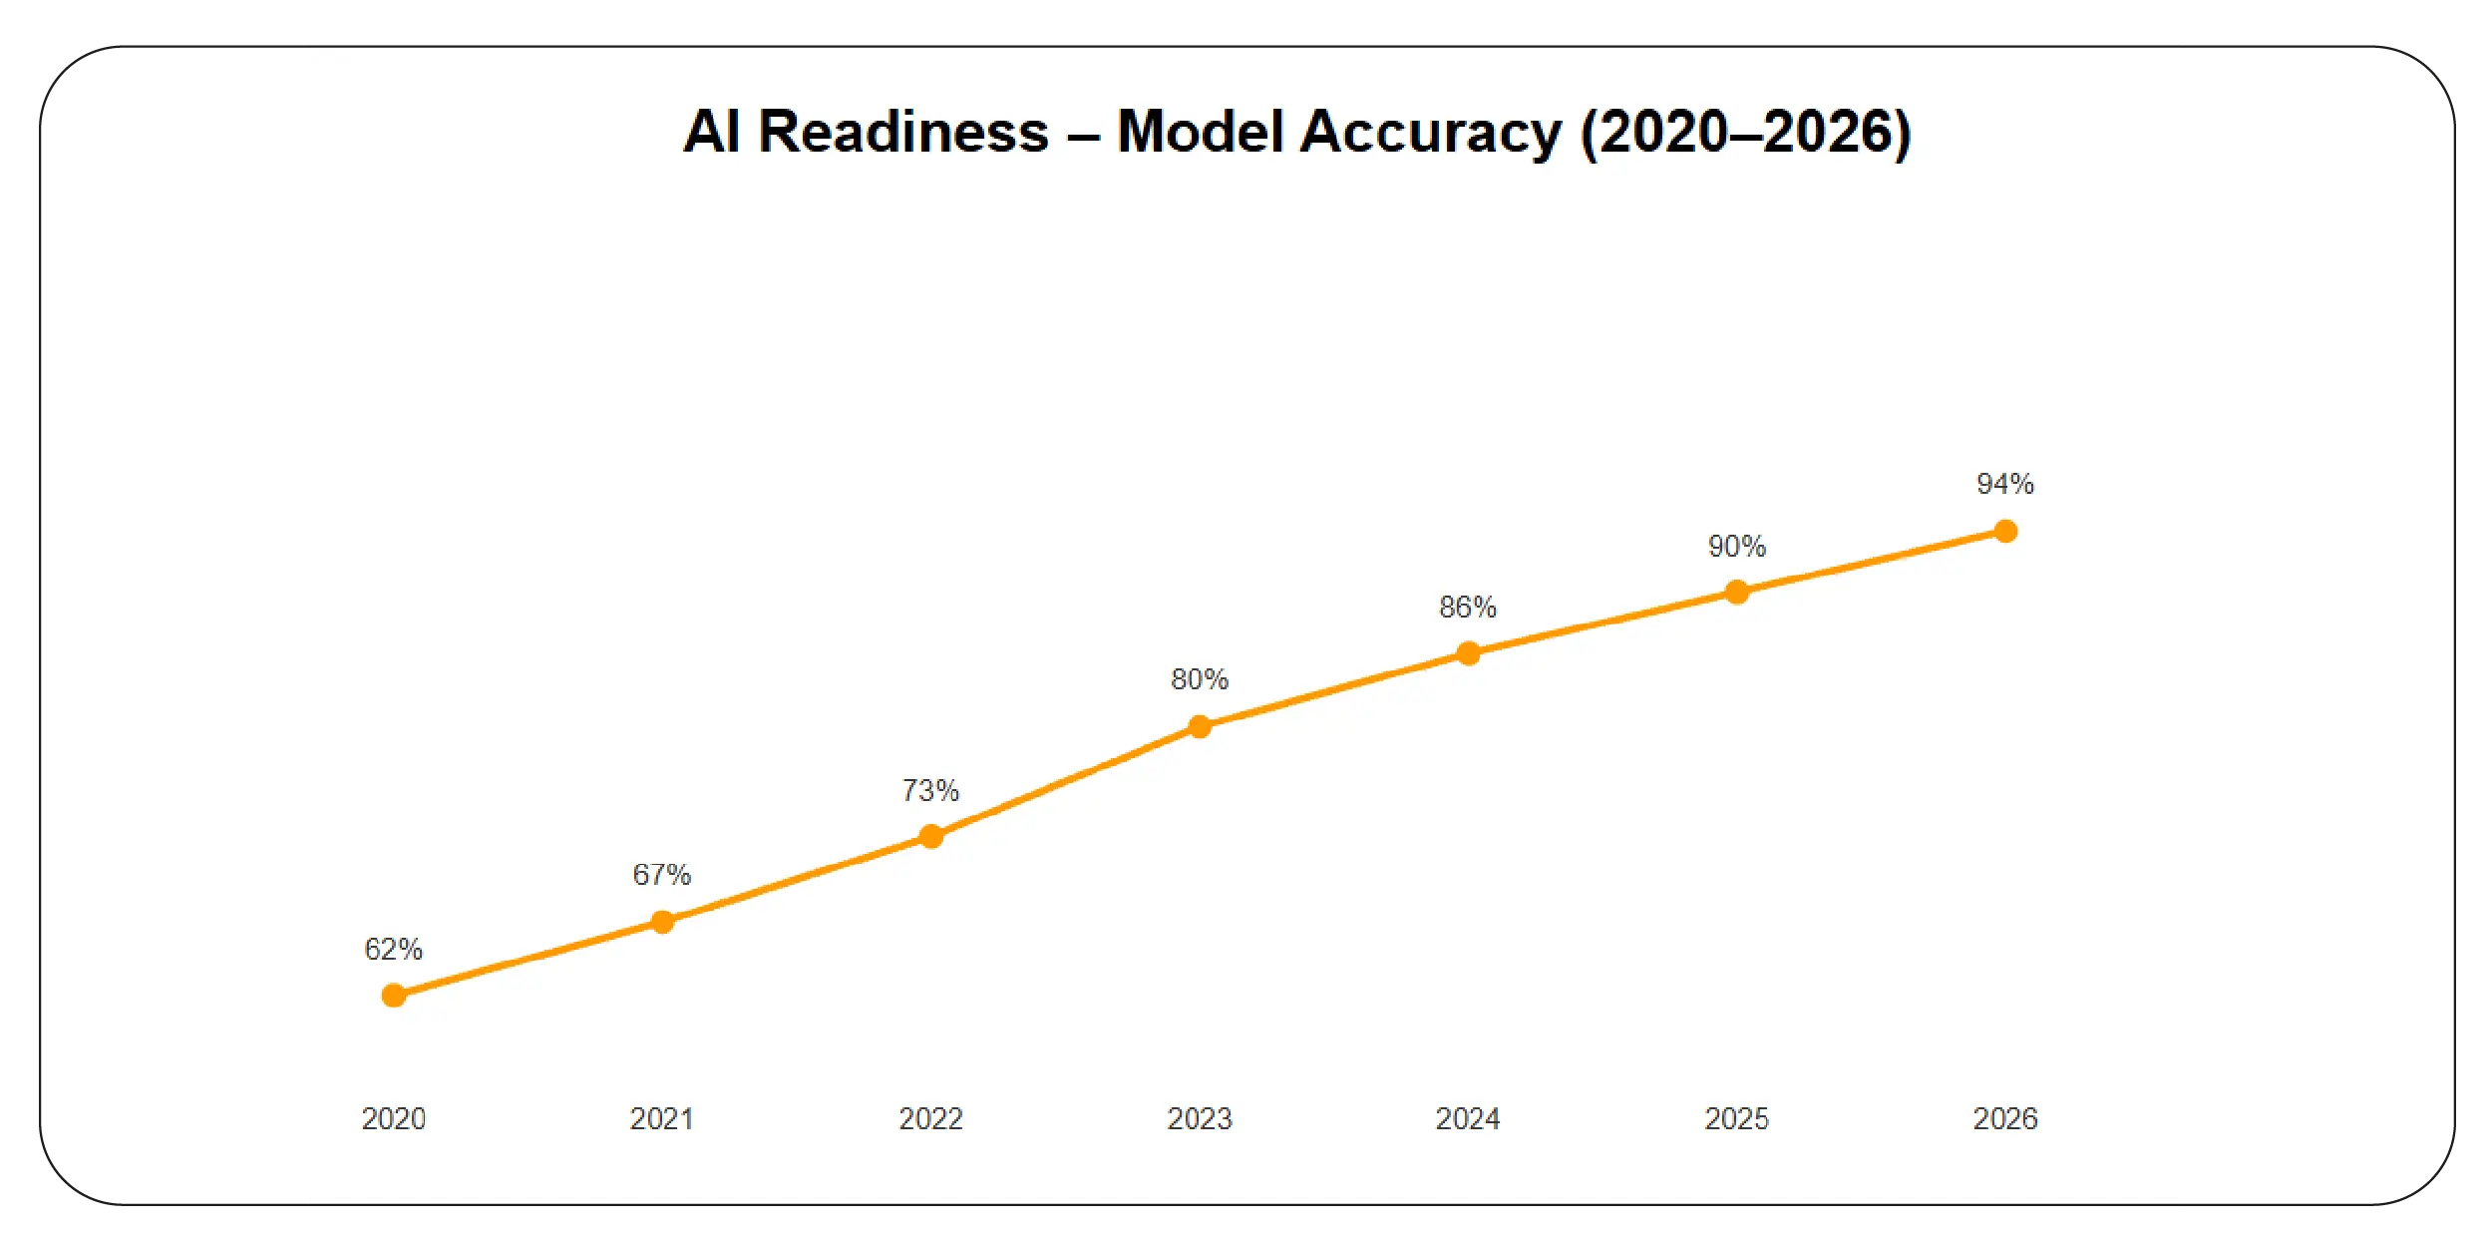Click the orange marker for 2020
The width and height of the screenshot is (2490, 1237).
[x=394, y=995]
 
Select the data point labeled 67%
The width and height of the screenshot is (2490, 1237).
[x=662, y=921]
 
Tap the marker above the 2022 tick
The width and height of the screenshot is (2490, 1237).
[x=930, y=836]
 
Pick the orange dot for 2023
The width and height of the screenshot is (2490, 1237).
[x=1200, y=726]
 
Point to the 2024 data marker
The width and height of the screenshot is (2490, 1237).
[x=1468, y=653]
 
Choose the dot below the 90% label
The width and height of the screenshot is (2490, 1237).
[x=1736, y=592]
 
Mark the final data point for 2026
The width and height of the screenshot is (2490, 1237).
[x=2005, y=531]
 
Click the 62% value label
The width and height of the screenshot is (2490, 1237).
[x=394, y=949]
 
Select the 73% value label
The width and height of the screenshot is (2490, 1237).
[x=930, y=790]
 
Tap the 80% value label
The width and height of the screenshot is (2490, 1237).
[x=1200, y=679]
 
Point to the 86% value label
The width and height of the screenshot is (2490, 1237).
[x=1468, y=607]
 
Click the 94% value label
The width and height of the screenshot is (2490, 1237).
[x=2005, y=484]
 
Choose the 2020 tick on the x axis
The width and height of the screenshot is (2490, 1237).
[x=394, y=1118]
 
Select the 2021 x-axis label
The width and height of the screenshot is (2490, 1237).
[x=662, y=1118]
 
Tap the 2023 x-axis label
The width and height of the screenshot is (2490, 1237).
[x=1200, y=1118]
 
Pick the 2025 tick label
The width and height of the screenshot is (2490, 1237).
[x=1736, y=1118]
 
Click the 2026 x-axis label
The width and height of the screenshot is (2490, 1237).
[x=2005, y=1118]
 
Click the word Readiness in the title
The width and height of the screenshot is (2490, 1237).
[x=903, y=132]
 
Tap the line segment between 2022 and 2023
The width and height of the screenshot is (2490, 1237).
[x=1065, y=781]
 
